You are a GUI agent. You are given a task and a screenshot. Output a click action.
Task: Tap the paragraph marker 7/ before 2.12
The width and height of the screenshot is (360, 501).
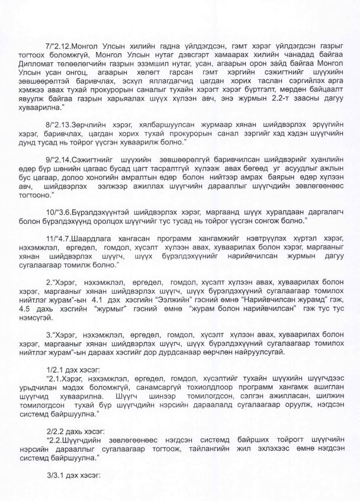pyautogui.click(x=49, y=46)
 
